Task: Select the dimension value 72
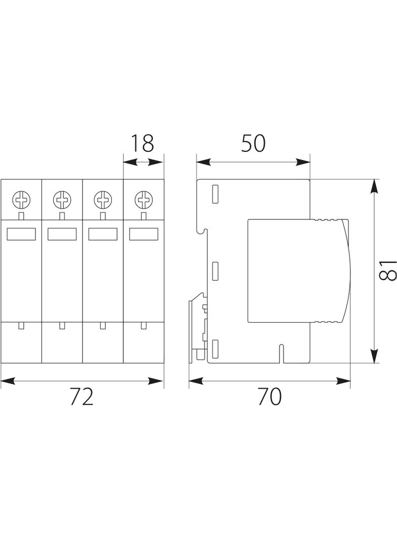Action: (82, 397)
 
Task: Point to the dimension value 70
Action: (269, 397)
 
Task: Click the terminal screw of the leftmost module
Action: (21, 200)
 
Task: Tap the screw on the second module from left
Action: (62, 200)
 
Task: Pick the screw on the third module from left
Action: (103, 200)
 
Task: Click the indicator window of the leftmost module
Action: (21, 234)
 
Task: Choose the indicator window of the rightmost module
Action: (144, 234)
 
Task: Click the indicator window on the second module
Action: (62, 234)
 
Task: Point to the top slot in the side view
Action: (215, 194)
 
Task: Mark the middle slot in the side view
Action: (215, 271)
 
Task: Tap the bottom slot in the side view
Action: (215, 349)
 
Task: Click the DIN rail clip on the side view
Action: (198, 327)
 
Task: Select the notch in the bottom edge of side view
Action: (282, 354)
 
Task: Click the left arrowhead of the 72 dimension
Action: (8, 381)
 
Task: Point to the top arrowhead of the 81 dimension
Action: (375, 186)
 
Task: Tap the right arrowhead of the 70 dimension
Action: (343, 381)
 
